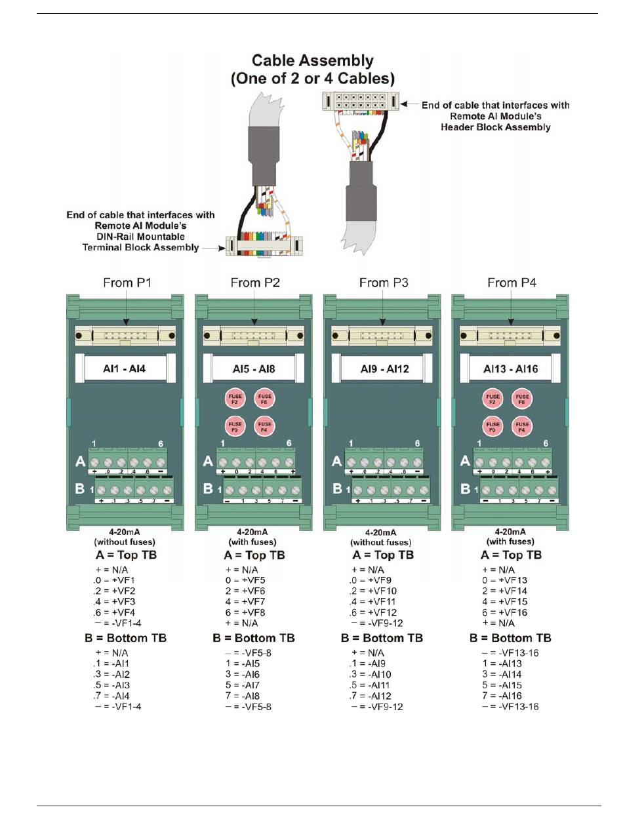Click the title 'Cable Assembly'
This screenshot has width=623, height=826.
313,61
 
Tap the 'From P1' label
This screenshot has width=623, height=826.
127,283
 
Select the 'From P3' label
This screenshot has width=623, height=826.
384,283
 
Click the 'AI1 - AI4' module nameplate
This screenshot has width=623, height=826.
125,369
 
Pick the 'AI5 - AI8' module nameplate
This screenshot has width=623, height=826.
253,369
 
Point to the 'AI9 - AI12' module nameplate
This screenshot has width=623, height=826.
384,369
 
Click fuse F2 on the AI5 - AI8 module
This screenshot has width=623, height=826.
235,399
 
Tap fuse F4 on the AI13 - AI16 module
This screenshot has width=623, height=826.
522,426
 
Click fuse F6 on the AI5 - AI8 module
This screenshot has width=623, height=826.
264,399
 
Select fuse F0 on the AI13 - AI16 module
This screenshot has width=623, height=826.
492,426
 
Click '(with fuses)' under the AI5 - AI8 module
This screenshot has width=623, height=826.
252,542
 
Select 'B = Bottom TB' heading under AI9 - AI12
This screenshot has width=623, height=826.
382,638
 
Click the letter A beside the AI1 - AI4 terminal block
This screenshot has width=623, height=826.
81,463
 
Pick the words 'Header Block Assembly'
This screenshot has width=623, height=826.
496,127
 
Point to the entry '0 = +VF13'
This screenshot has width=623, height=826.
504,581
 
